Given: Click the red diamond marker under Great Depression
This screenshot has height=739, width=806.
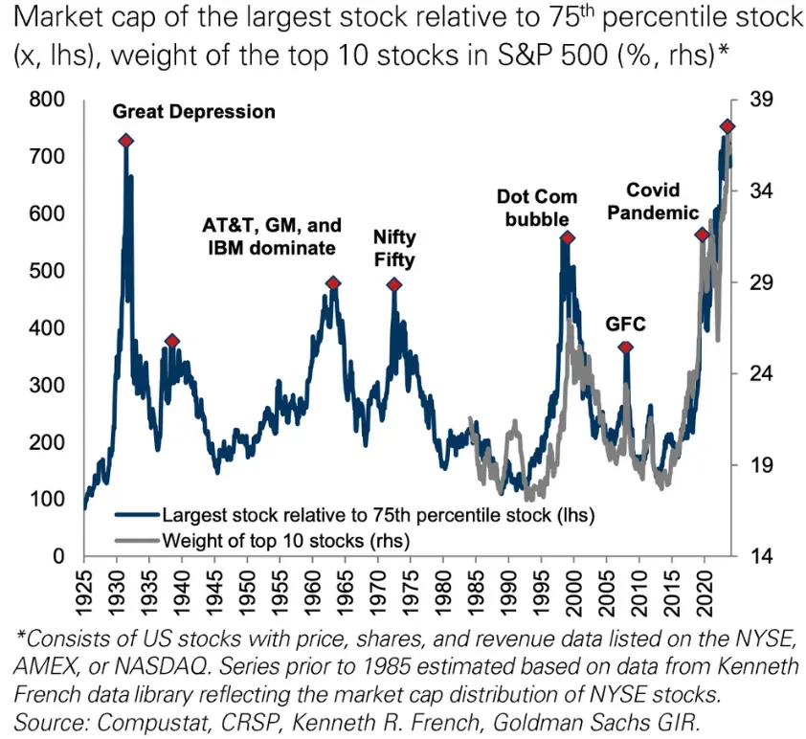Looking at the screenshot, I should point(125,141).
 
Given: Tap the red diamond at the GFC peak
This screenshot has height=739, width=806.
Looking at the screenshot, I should point(626,348).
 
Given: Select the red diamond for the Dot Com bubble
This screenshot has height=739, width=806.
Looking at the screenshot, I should point(567,237).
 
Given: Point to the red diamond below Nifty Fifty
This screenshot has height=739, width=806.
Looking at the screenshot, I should point(393,285).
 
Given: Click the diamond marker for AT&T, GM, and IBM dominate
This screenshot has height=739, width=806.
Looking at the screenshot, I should point(333,283).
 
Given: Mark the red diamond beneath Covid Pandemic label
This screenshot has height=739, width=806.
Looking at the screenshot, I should point(702,235).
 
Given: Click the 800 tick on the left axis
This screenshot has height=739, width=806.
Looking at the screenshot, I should point(50,100).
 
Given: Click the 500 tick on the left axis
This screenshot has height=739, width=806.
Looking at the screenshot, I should point(50,271).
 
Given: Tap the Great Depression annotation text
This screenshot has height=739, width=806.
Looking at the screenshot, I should point(194,112).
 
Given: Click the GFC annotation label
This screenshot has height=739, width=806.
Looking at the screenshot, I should point(625,324).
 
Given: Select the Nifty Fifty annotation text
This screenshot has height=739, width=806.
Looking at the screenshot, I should point(394,248).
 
